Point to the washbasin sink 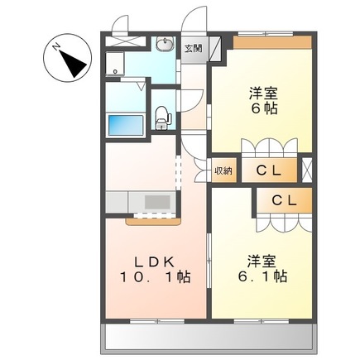(164, 46)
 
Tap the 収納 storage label (223, 170)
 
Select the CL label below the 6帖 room (266, 171)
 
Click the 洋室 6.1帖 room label (262, 266)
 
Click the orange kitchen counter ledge (152, 221)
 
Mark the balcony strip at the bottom (209, 336)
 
